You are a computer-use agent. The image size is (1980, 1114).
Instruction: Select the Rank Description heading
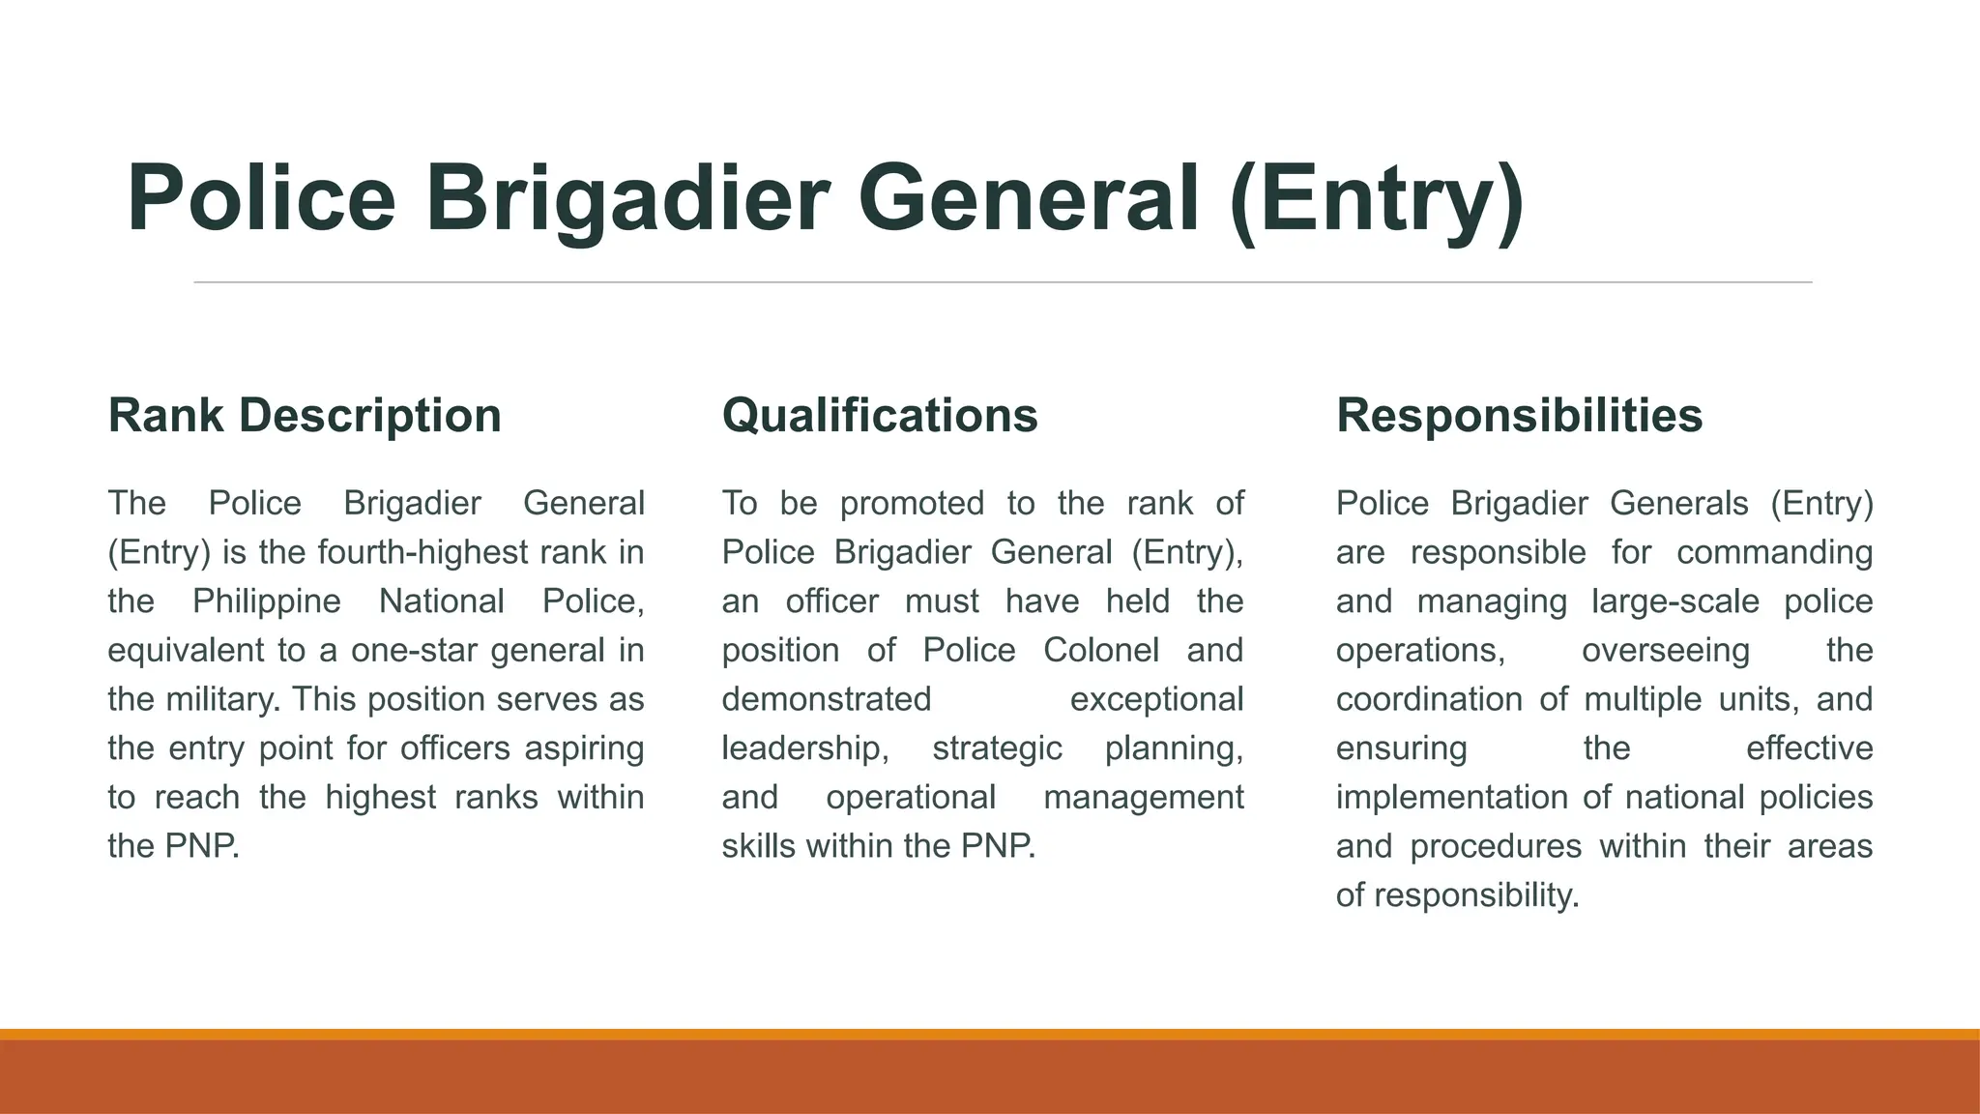click(x=305, y=416)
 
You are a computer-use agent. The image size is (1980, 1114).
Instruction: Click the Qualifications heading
click(x=880, y=416)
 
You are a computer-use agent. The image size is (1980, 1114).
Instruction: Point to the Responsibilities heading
click(x=1519, y=416)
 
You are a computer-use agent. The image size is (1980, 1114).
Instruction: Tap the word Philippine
click(x=266, y=601)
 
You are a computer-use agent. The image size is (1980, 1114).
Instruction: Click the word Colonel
click(x=1100, y=651)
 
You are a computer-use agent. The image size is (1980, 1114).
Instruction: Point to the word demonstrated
click(x=826, y=699)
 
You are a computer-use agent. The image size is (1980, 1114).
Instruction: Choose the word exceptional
click(x=1156, y=699)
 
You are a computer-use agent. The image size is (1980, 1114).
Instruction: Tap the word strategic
click(x=997, y=748)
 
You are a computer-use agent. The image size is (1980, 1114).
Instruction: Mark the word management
click(x=1144, y=798)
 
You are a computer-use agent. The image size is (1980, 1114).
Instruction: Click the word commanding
click(x=1774, y=553)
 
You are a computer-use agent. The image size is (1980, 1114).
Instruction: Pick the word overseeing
click(x=1665, y=651)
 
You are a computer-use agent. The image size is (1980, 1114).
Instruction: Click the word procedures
click(x=1496, y=846)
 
